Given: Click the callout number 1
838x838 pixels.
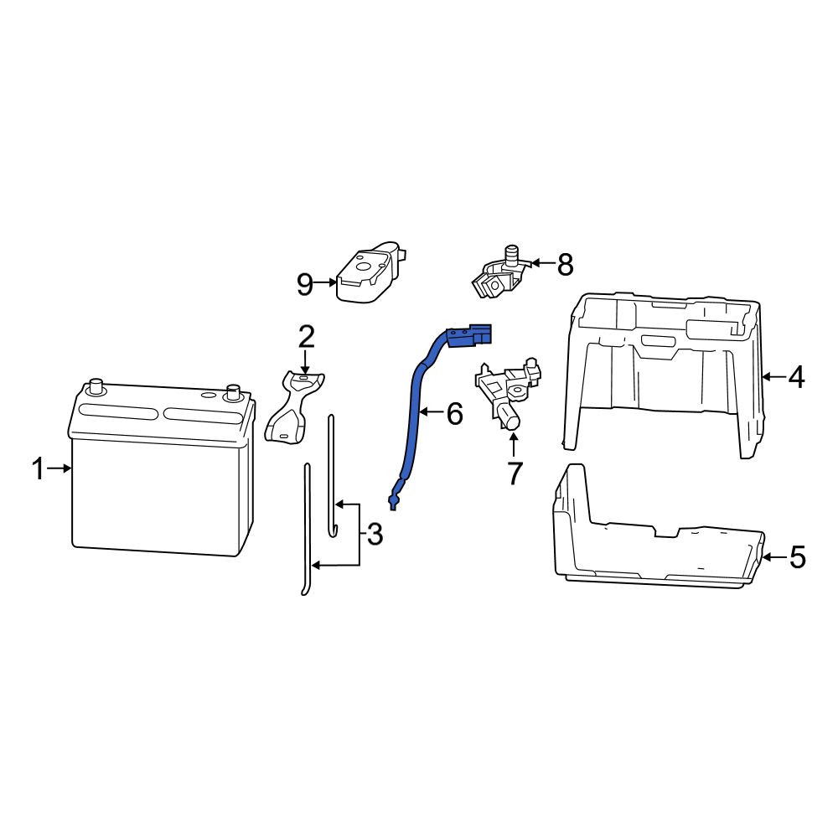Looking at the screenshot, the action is [38, 468].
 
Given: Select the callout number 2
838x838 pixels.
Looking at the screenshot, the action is [306, 337].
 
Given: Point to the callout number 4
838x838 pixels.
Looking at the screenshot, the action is [796, 377].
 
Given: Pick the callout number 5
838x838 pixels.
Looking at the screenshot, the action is [798, 557].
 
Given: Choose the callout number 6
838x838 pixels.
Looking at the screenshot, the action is [454, 414].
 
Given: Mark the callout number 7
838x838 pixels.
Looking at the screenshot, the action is [515, 473].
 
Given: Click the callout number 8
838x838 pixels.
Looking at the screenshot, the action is [565, 264].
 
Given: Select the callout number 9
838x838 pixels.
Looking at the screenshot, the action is [305, 284].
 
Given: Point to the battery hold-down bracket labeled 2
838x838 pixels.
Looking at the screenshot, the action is [294, 406].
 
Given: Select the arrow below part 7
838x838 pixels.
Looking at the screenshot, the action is [514, 446].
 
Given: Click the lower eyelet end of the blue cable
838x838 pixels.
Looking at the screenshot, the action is [395, 501].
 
